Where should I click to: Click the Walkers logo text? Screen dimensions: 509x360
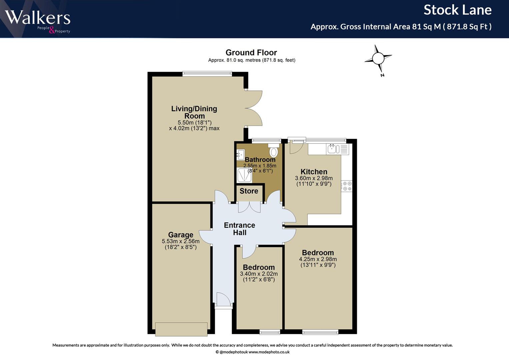(x=38, y=17)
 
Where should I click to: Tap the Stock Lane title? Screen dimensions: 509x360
(x=457, y=10)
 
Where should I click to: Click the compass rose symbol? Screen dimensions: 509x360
(x=378, y=59)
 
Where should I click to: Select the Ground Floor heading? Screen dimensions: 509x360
(x=251, y=53)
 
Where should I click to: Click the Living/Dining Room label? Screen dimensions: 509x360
(x=194, y=112)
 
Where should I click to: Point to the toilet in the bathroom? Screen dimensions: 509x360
(x=273, y=150)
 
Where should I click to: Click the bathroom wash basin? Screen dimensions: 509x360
(x=241, y=155)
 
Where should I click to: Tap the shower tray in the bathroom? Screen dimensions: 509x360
(x=245, y=175)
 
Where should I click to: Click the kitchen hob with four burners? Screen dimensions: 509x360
(x=347, y=186)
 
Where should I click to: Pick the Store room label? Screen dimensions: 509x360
(x=249, y=191)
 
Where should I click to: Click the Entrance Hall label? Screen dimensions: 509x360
(x=240, y=229)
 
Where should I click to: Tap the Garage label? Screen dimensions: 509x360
(x=181, y=235)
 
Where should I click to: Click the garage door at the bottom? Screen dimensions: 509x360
(x=181, y=329)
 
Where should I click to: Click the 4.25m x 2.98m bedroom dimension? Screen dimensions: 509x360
(x=318, y=259)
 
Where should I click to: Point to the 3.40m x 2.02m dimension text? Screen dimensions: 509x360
(x=259, y=274)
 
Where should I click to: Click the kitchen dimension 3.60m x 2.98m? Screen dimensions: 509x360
(x=314, y=178)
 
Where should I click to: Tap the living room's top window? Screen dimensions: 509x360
(x=207, y=73)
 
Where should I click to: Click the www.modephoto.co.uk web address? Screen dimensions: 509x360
(x=269, y=352)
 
